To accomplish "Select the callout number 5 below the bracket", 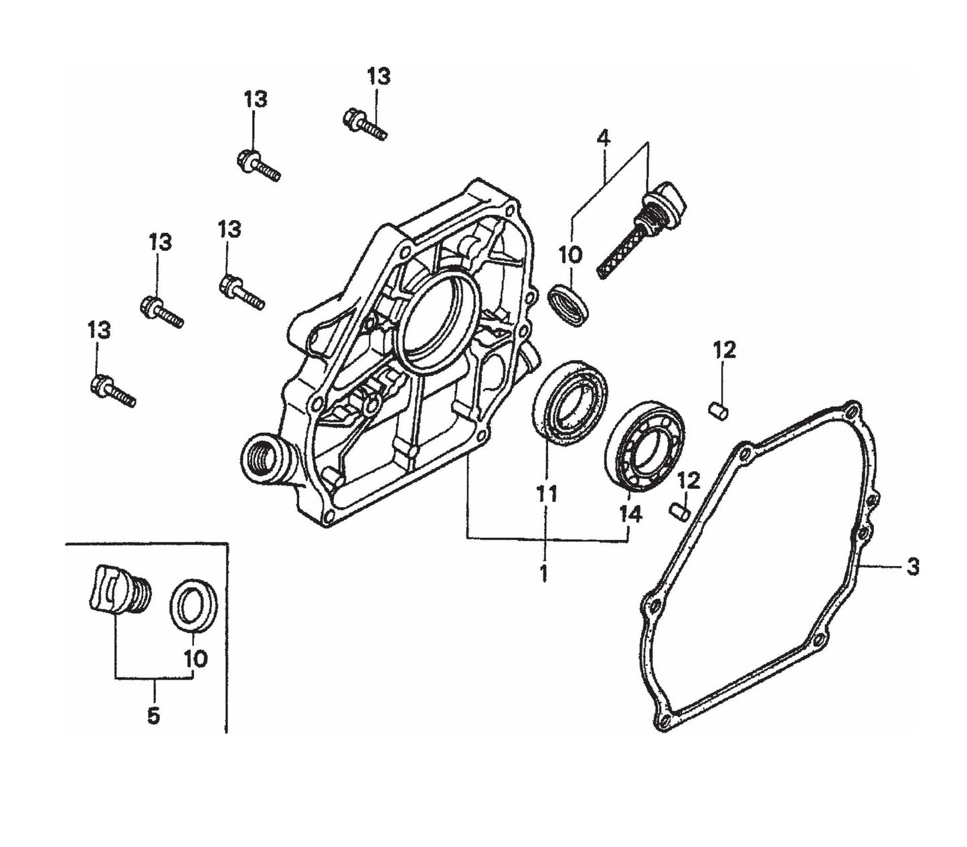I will [x=153, y=715].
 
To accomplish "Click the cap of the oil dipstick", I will [x=665, y=197].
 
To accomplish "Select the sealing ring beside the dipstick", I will [x=569, y=304].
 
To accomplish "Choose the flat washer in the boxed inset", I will [x=195, y=605].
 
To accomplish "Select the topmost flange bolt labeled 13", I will [x=365, y=126].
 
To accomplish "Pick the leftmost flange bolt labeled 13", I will [x=112, y=391].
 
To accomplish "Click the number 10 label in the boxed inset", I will [x=196, y=658].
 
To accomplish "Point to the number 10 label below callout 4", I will [x=571, y=255].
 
